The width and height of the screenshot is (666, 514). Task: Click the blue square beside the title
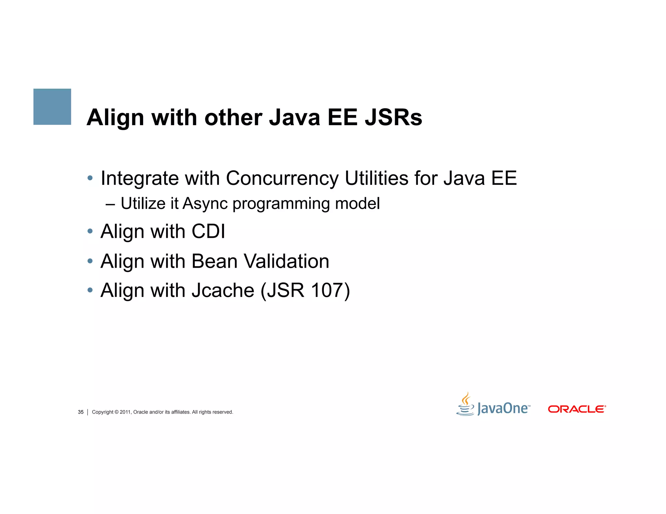52,107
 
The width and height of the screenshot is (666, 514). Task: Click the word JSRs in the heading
393,117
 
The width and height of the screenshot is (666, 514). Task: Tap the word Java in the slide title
295,117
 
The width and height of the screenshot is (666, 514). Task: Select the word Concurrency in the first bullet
282,178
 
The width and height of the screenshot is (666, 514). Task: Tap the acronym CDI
208,231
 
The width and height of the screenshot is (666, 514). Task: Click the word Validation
286,261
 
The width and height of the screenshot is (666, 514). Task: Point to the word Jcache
223,290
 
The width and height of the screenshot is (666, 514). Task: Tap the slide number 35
81,412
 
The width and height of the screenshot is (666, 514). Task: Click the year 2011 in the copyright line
125,412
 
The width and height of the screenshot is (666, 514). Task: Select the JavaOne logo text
503,408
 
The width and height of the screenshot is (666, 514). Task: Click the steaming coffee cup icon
466,405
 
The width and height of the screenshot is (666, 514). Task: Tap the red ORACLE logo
577,409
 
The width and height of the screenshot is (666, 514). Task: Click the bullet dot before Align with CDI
90,231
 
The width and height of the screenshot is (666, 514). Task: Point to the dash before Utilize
110,204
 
